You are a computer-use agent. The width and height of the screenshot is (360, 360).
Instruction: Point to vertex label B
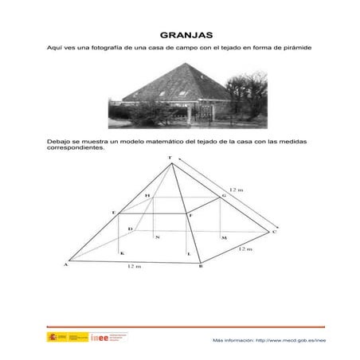[200, 267]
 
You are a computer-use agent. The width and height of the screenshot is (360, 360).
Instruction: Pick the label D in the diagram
[131, 229]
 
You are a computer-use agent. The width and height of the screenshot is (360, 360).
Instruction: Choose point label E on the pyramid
[114, 212]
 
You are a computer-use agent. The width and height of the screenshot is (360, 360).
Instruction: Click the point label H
[147, 195]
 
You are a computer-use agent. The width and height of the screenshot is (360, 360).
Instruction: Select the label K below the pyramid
[122, 252]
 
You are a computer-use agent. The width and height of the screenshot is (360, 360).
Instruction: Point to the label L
[188, 252]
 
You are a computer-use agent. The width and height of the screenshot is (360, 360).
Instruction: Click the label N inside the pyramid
[157, 237]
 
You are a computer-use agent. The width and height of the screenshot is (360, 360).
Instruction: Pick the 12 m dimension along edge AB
[133, 267]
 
